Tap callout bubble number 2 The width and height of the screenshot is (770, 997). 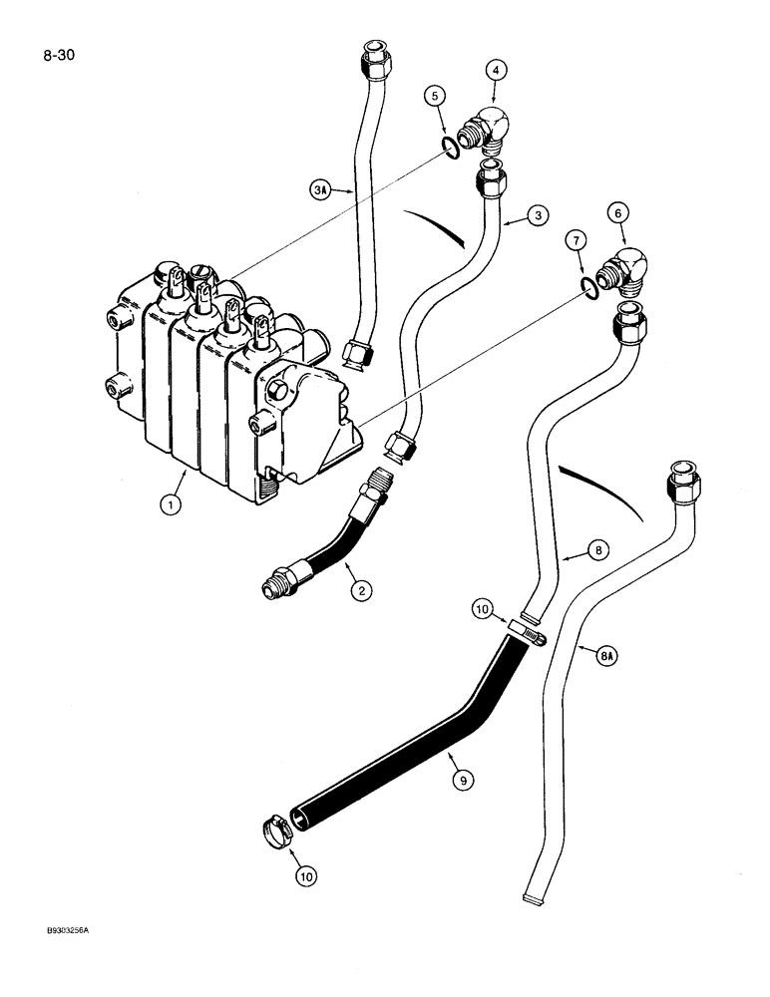360,591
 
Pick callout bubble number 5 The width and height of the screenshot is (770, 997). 433,97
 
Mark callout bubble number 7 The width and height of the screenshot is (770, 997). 573,239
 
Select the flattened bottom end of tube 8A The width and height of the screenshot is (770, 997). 536,899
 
